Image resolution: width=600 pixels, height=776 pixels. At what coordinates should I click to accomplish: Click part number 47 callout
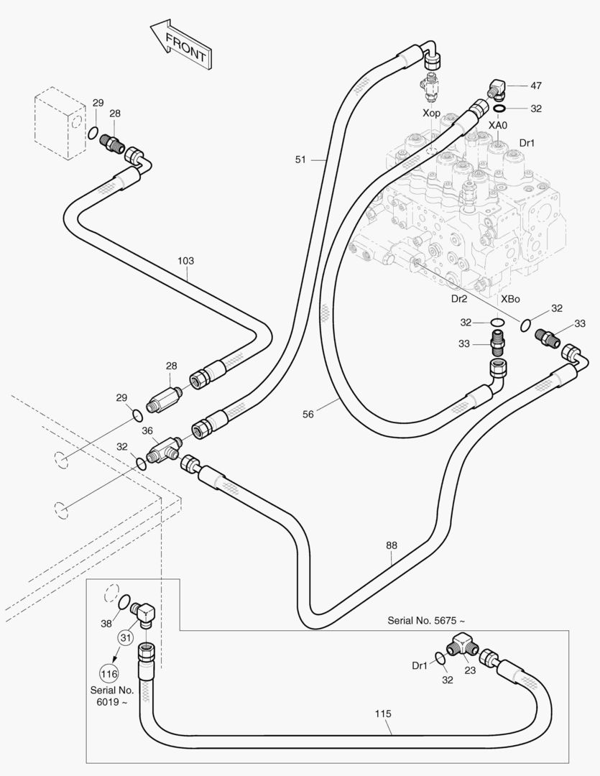pyautogui.click(x=536, y=86)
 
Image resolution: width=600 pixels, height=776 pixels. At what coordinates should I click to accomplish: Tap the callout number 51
pyautogui.click(x=300, y=160)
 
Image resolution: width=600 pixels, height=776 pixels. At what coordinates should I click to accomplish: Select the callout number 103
pyautogui.click(x=185, y=260)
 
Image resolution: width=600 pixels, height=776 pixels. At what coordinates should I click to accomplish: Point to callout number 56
pyautogui.click(x=308, y=414)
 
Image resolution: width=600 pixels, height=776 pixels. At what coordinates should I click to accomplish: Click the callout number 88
pyautogui.click(x=391, y=545)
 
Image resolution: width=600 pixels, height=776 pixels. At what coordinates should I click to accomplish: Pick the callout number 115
pyautogui.click(x=383, y=713)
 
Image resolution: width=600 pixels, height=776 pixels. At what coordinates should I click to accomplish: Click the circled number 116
pyautogui.click(x=109, y=673)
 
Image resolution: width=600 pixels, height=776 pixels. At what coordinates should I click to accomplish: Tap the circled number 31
pyautogui.click(x=126, y=637)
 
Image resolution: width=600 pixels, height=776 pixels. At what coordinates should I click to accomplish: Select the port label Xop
pyautogui.click(x=431, y=113)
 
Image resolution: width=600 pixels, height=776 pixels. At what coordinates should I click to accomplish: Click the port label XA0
pyautogui.click(x=498, y=126)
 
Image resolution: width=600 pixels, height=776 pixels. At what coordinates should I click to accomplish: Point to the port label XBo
pyautogui.click(x=510, y=299)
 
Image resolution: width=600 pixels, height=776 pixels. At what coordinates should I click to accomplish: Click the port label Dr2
pyautogui.click(x=459, y=298)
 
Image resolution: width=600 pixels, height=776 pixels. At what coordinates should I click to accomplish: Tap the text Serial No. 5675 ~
pyautogui.click(x=426, y=621)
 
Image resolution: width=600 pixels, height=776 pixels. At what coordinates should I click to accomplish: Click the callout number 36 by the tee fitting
pyautogui.click(x=147, y=430)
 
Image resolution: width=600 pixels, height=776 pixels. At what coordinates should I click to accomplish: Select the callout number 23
pyautogui.click(x=470, y=670)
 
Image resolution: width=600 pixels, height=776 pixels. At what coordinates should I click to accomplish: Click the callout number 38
pyautogui.click(x=106, y=624)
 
